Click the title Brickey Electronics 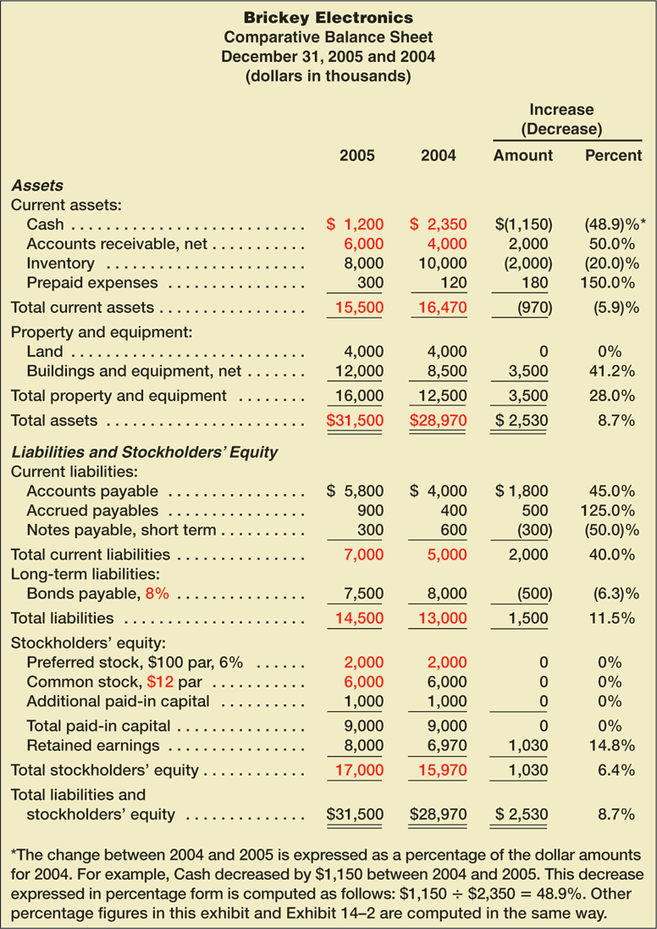click(x=328, y=17)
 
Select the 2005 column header click(x=356, y=155)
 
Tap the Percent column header click(x=613, y=155)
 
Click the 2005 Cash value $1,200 click(x=356, y=225)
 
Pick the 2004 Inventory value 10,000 click(x=438, y=264)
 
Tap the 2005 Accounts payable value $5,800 click(x=356, y=491)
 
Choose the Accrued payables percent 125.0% click(x=610, y=510)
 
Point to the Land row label click(x=43, y=351)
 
